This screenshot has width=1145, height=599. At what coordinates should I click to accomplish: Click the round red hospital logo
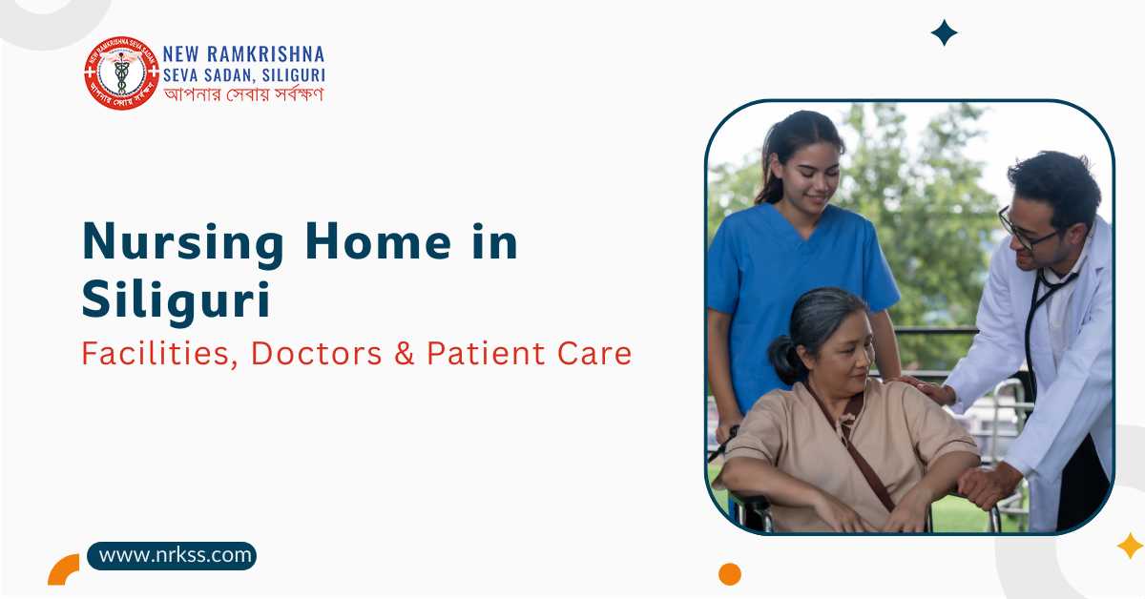click(x=121, y=73)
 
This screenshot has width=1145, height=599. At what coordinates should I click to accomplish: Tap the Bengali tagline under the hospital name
click(x=243, y=93)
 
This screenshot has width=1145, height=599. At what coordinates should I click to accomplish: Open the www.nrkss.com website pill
click(x=173, y=555)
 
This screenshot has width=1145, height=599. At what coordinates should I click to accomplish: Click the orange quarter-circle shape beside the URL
click(x=64, y=569)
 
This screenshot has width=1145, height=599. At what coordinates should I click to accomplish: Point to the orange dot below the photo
click(x=730, y=573)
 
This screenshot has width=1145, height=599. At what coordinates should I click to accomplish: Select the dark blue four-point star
click(x=944, y=32)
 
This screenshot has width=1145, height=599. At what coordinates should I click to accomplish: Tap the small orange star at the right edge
click(x=1130, y=546)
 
